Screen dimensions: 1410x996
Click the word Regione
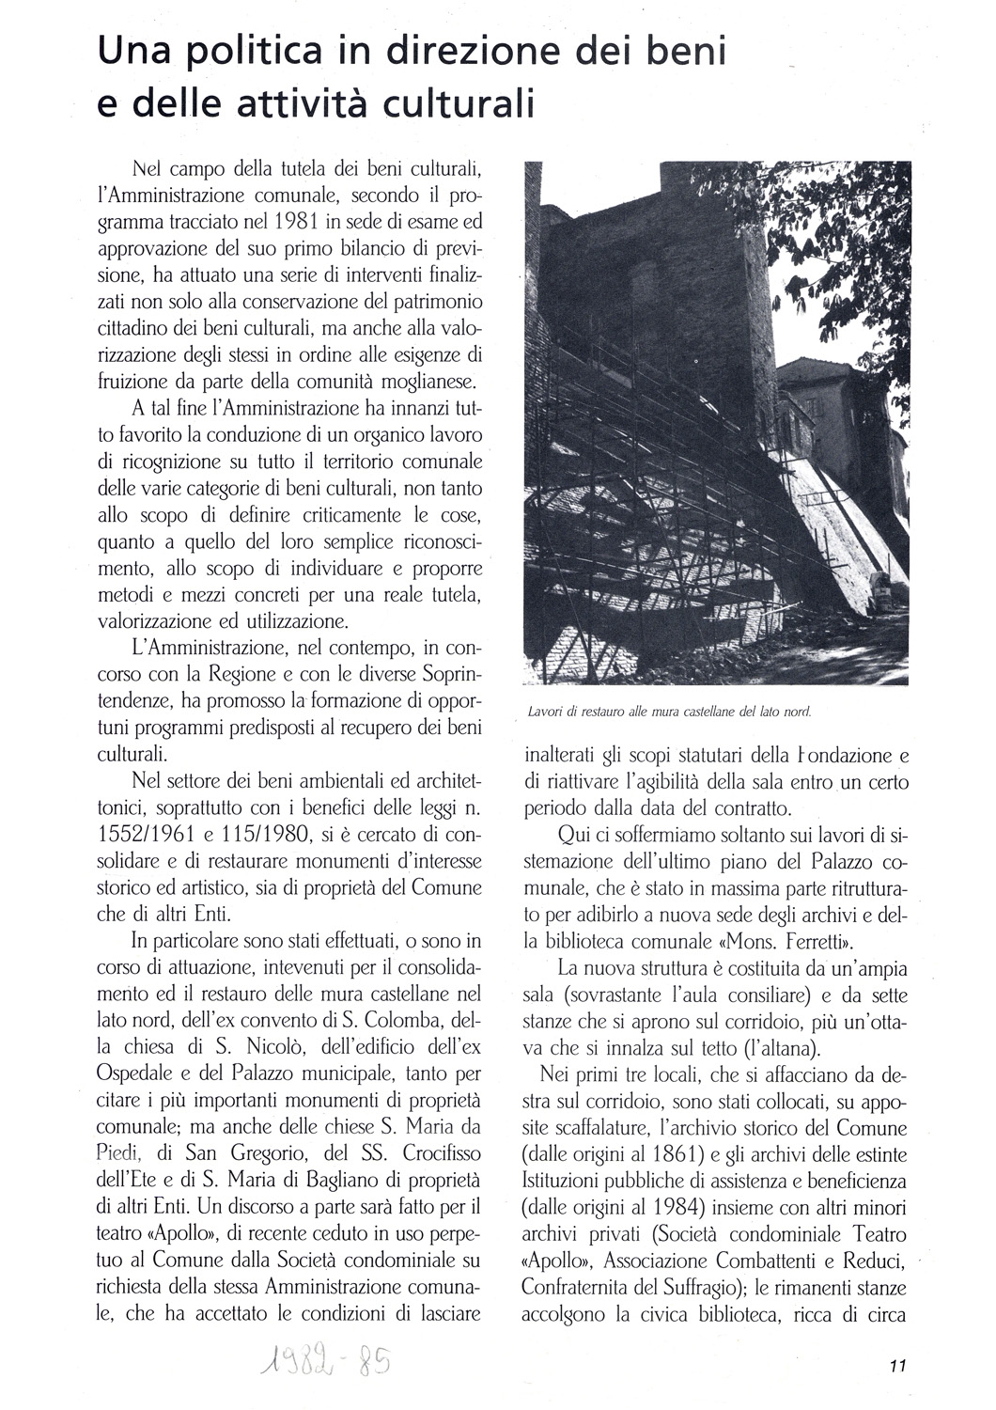(x=243, y=674)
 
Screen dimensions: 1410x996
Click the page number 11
(x=895, y=1368)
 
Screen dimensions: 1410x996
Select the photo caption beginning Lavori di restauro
(x=669, y=712)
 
